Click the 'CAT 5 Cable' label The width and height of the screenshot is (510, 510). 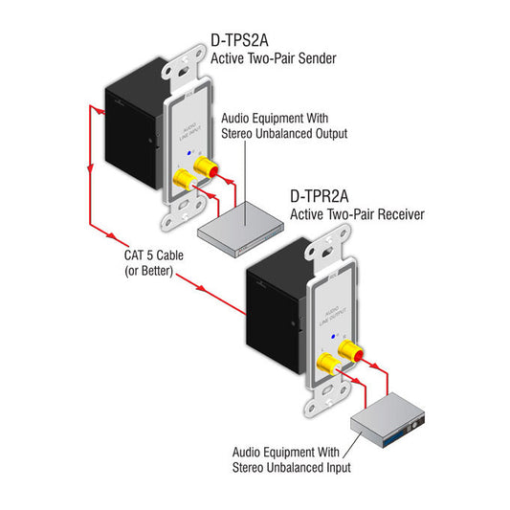(150, 256)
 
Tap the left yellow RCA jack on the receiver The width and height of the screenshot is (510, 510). (327, 363)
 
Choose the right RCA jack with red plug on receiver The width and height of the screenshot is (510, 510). (349, 351)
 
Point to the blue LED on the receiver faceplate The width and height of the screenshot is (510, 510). (331, 337)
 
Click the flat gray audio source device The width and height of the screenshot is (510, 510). (239, 223)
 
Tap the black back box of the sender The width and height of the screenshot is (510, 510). (134, 124)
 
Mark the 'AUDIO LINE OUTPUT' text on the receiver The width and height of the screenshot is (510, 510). (332, 313)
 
